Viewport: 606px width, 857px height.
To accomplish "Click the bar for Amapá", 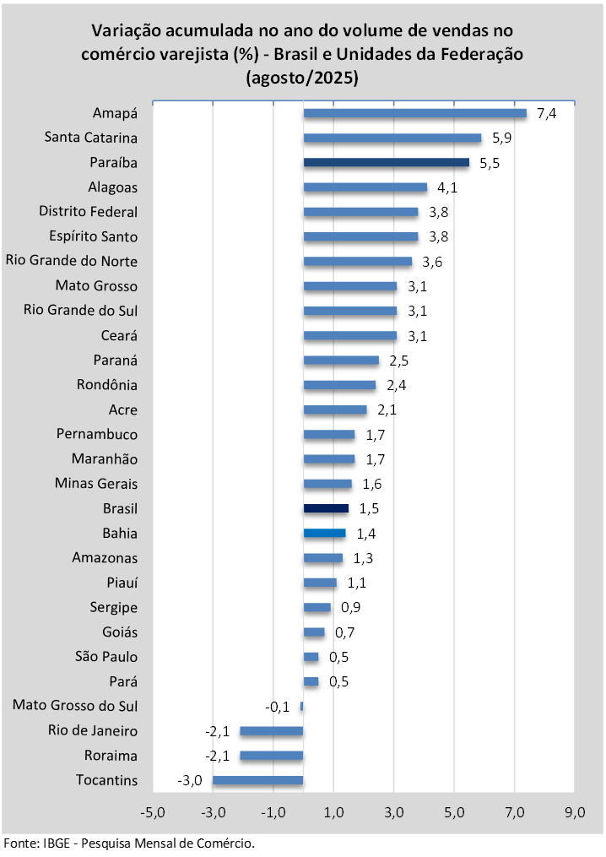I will [x=414, y=113].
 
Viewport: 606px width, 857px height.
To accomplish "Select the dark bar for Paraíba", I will [x=386, y=162].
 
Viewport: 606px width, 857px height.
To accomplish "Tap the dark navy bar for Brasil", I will [x=326, y=508].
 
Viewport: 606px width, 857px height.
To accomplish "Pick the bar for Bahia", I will [x=324, y=533].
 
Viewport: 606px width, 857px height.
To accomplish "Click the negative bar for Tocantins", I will [x=257, y=780].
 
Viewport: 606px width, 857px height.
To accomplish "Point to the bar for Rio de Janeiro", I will [x=271, y=730].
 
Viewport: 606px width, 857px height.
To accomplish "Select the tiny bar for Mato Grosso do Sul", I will [x=301, y=706].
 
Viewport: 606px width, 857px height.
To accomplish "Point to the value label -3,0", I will [x=190, y=780].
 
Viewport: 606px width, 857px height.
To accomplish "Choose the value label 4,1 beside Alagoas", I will [x=448, y=187].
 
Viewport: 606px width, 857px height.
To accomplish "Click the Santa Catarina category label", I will [x=91, y=138].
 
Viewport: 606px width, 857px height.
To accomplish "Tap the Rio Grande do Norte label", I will [x=72, y=261].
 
